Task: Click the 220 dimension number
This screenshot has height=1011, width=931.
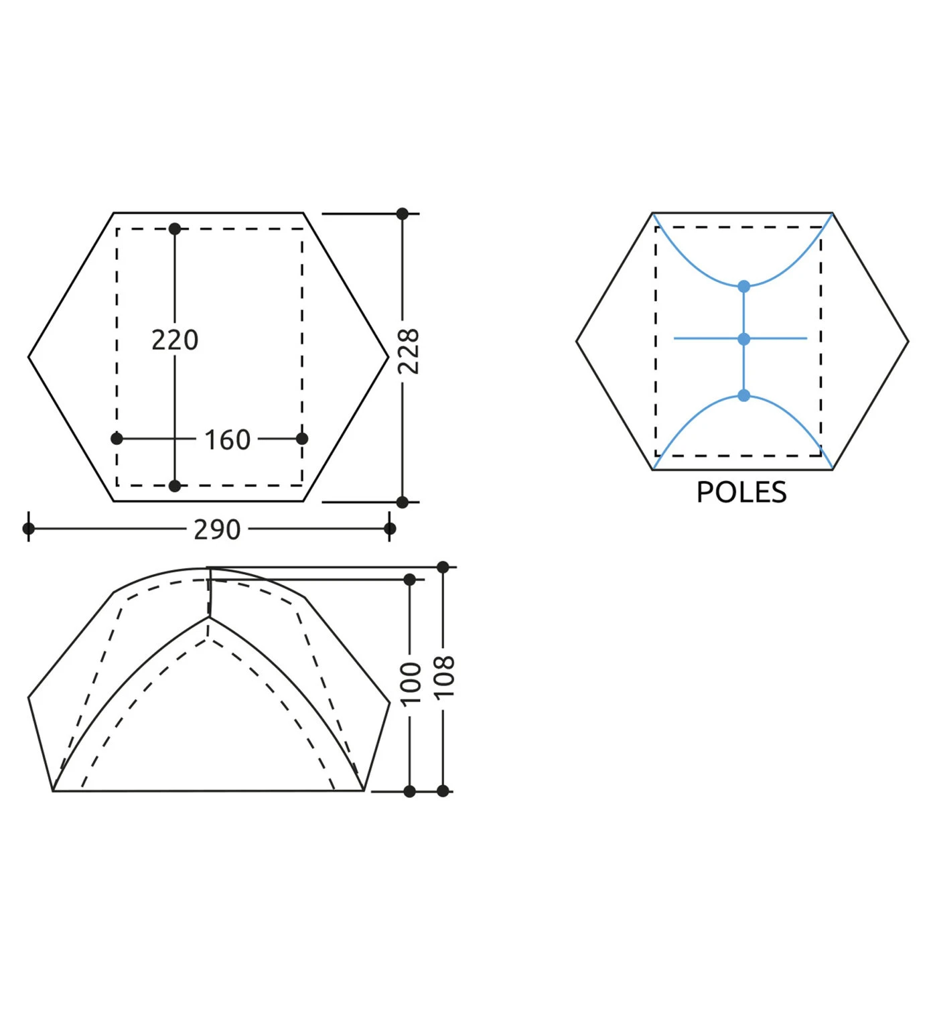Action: click(175, 340)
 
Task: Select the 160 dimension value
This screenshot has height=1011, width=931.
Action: click(227, 440)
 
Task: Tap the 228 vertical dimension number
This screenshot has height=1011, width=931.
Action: click(409, 351)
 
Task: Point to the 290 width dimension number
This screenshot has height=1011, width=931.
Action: click(217, 529)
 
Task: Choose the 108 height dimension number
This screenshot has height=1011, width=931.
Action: click(445, 677)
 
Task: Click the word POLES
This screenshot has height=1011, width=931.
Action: click(741, 492)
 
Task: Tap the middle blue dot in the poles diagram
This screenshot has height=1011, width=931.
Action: click(744, 339)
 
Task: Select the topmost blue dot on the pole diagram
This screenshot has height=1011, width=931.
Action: click(744, 286)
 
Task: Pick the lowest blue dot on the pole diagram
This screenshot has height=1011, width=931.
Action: click(744, 396)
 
